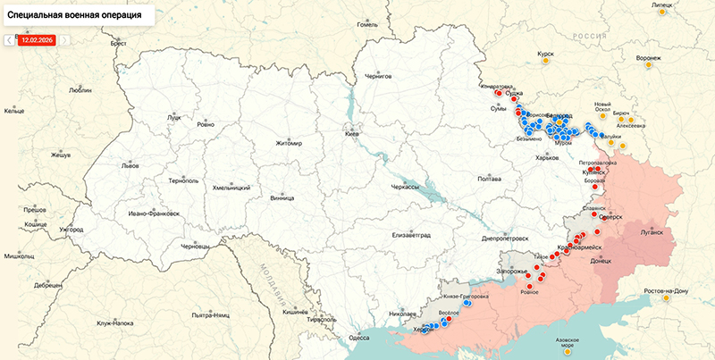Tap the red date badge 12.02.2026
tap(38, 40)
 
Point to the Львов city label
tap(130, 166)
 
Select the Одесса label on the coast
tap(358, 338)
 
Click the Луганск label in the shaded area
tap(652, 232)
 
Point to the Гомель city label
tap(367, 25)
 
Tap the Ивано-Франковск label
tap(154, 213)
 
